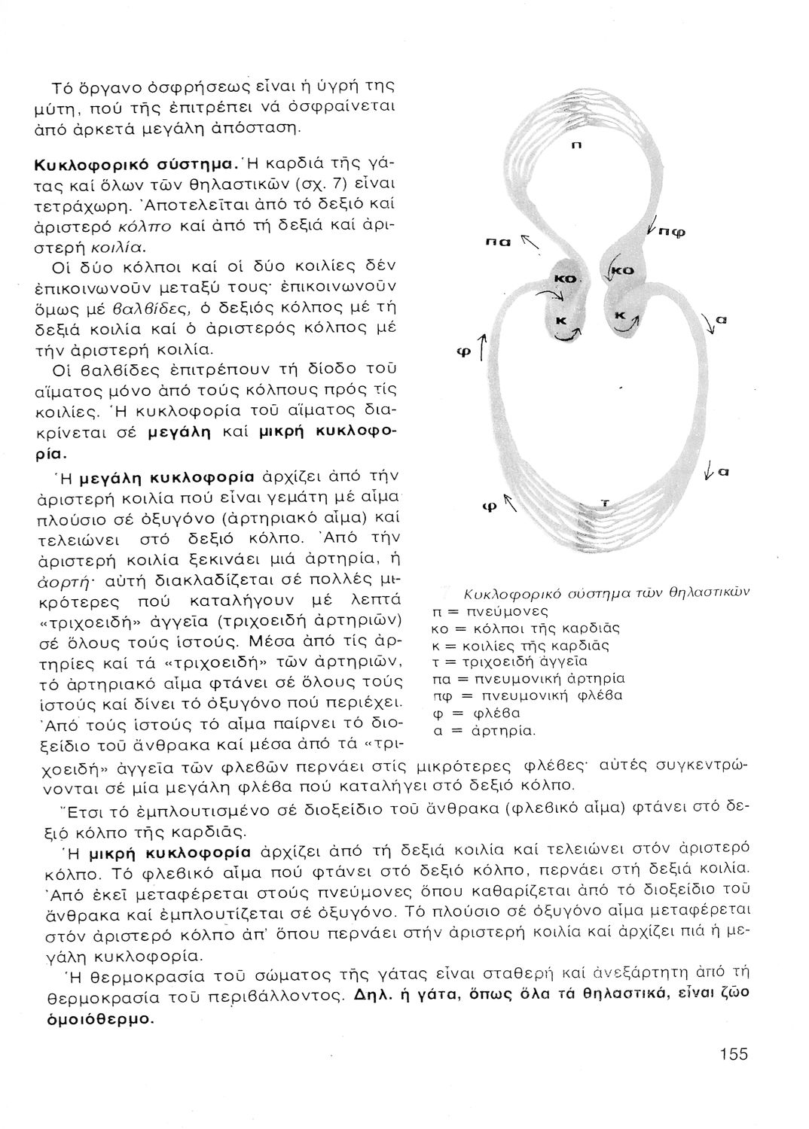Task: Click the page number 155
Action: tap(733, 1054)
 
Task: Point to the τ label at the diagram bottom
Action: tap(604, 503)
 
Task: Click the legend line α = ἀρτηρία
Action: tap(486, 730)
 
